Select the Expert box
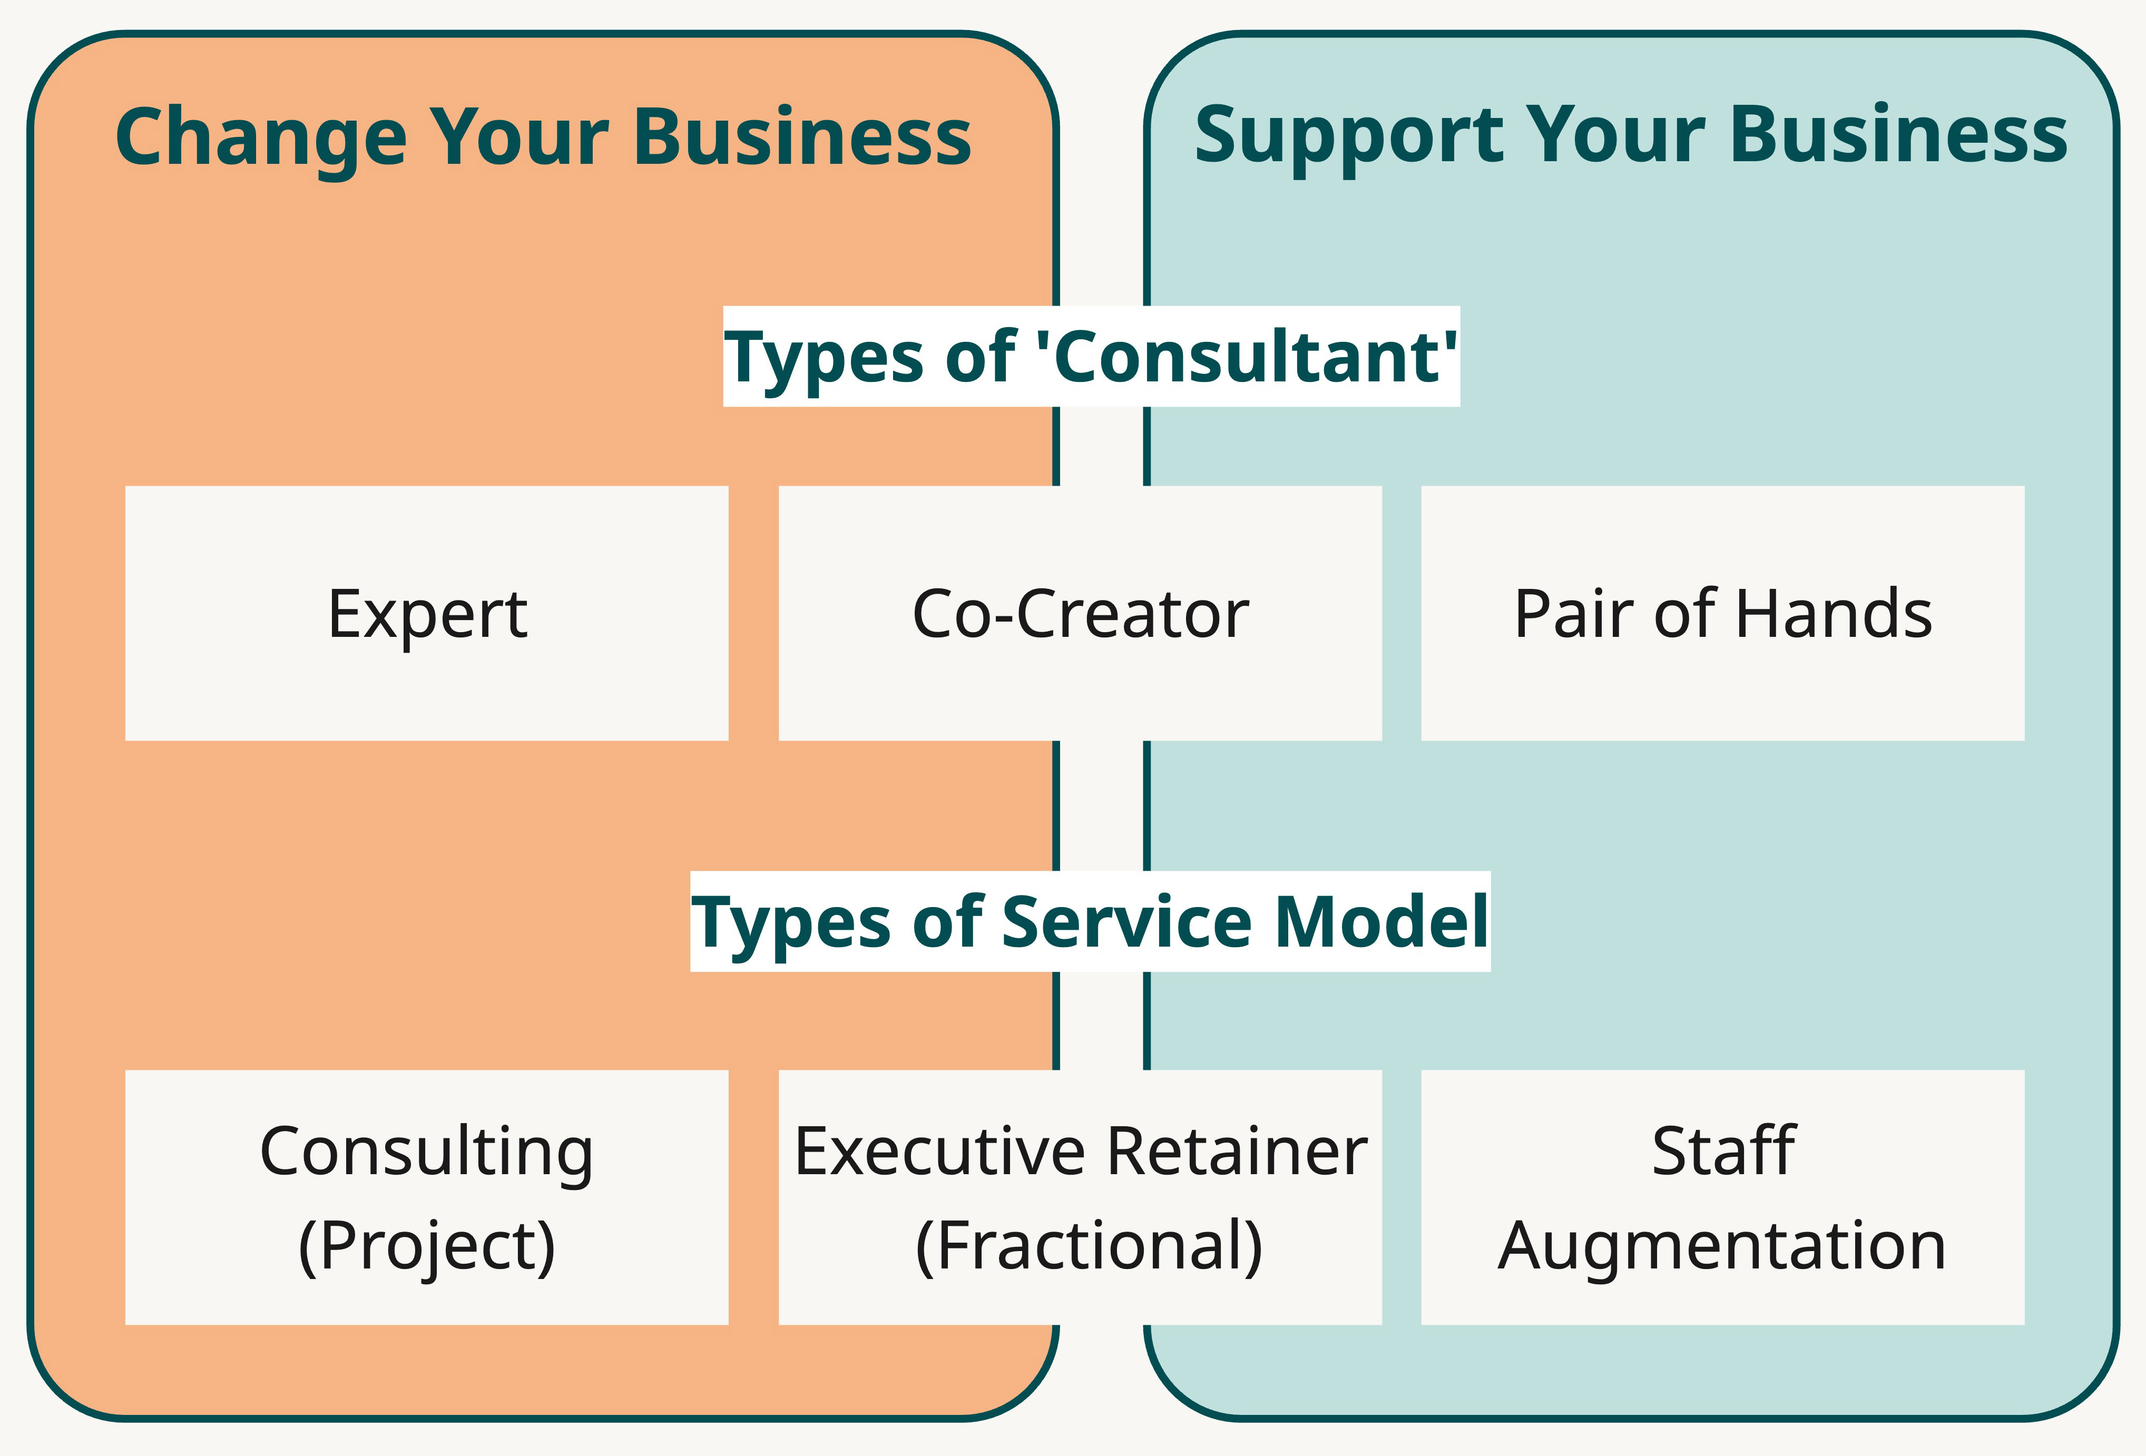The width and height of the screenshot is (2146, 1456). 427,613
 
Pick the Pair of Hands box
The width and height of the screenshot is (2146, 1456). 1722,613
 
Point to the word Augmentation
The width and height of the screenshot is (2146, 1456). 1722,1246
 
